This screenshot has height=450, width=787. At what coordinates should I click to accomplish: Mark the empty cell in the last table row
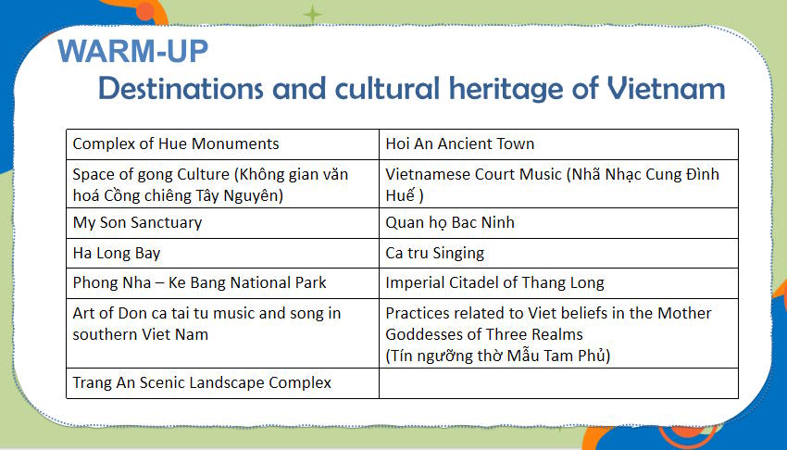click(558, 383)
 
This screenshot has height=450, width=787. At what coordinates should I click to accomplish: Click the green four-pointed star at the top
click(314, 14)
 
